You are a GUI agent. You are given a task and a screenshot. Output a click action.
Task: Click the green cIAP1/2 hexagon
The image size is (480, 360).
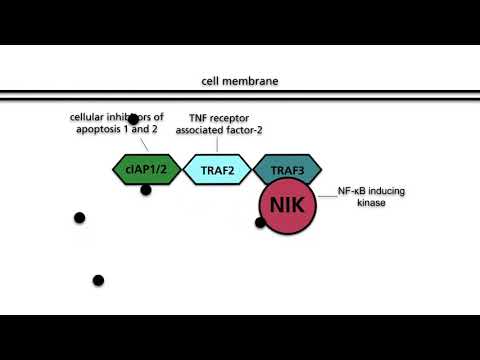146,169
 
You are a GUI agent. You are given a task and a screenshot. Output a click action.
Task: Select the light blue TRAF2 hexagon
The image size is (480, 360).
216,169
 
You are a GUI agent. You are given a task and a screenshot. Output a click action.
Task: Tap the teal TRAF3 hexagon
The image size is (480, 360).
287,168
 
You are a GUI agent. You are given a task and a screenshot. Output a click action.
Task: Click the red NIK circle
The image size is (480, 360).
289,207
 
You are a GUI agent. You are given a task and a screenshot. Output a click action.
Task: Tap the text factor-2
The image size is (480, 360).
238,130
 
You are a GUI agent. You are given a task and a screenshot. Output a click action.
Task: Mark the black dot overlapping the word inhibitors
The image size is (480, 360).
133,120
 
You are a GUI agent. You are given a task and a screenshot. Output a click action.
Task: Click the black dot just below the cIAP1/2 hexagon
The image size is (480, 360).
146,190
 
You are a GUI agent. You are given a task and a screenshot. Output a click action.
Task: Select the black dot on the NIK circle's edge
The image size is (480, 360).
260,222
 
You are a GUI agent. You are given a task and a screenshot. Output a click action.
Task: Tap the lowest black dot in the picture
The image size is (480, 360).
98,281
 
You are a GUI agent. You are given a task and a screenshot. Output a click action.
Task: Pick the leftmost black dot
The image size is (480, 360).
79,218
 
